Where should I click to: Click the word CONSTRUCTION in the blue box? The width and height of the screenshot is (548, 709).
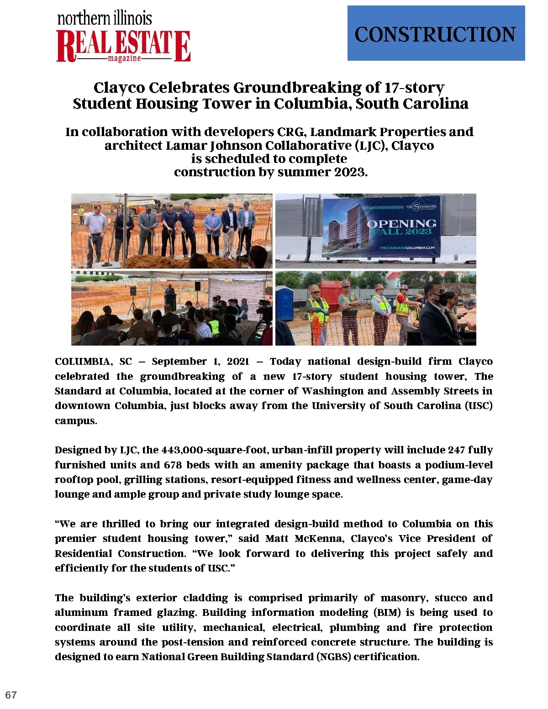435,35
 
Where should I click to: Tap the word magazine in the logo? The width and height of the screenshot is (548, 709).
124,58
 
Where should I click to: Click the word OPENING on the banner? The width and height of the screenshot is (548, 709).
402,223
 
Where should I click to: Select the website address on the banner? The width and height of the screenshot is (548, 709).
407,247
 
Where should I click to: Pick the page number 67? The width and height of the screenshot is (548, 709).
11,695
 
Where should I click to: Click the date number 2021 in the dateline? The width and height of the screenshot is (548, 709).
238,362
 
